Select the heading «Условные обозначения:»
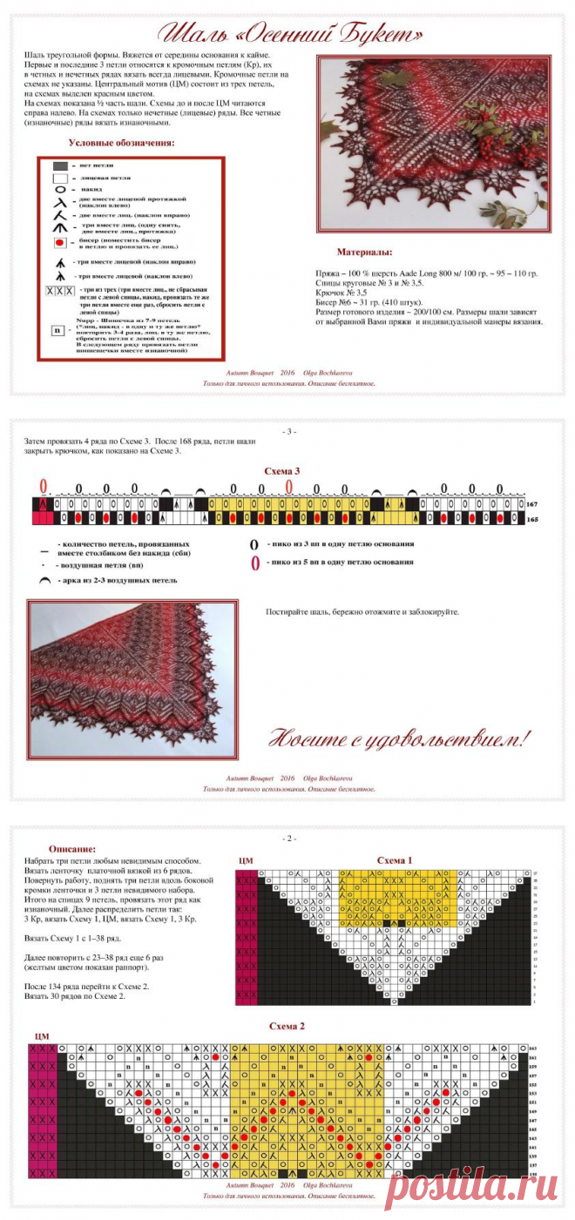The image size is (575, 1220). click(x=121, y=143)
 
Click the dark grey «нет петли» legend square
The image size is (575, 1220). click(x=60, y=165)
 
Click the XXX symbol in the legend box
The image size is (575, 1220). click(x=60, y=291)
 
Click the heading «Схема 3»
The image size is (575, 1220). click(x=282, y=471)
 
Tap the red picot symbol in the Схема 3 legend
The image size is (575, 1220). click(x=255, y=563)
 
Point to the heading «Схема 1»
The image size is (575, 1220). click(x=394, y=860)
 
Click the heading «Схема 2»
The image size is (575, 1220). click(x=287, y=1027)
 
